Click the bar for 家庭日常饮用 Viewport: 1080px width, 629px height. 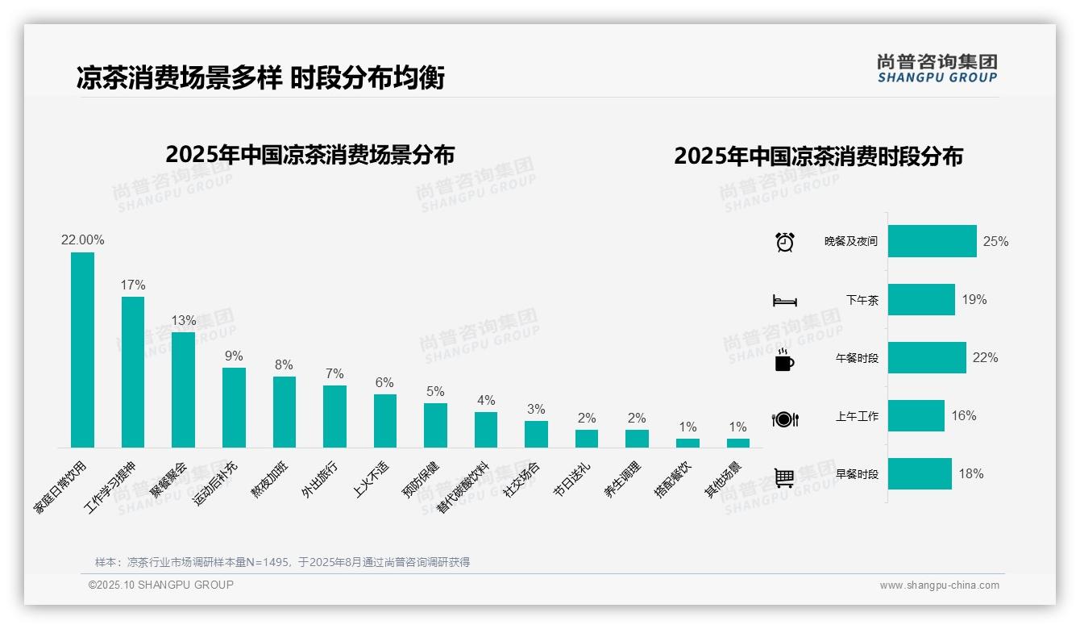[x=82, y=350]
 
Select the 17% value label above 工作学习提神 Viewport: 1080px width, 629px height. [x=133, y=285]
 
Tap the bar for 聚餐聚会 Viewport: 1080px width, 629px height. [x=183, y=389]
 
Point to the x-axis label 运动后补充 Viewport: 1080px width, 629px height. [x=216, y=484]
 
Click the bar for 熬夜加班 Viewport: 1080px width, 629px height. [x=284, y=411]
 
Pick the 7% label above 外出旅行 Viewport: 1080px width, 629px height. [x=334, y=374]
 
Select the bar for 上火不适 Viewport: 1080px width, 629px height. [x=384, y=420]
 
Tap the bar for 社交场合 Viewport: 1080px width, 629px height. [x=536, y=434]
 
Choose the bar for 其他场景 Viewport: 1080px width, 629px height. [x=737, y=443]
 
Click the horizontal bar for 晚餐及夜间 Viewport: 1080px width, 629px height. [x=932, y=241]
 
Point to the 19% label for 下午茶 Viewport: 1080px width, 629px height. [x=974, y=300]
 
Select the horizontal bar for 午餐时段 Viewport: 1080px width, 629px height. [x=927, y=358]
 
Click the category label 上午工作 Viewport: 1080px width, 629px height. [x=857, y=416]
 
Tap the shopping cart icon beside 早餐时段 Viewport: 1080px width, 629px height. [x=784, y=477]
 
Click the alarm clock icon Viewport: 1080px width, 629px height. [x=784, y=242]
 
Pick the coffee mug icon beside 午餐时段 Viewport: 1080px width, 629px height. [x=784, y=360]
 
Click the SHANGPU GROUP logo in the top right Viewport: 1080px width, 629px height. [x=937, y=69]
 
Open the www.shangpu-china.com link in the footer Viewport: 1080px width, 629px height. [x=939, y=585]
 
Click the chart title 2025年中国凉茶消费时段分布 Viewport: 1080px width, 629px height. [x=818, y=156]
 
